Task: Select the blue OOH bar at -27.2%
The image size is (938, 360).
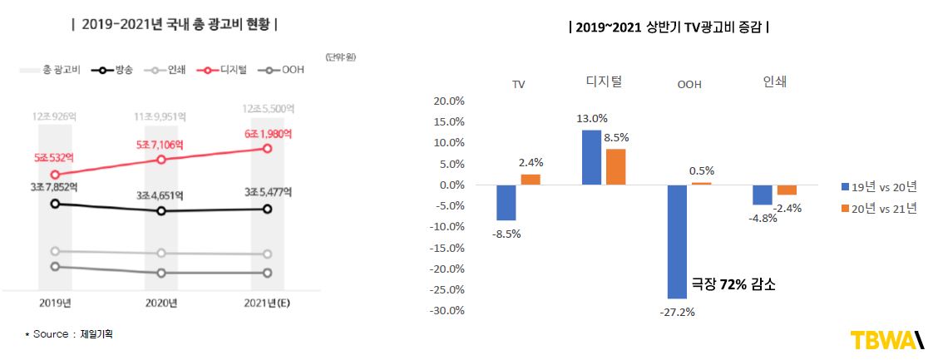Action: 677,241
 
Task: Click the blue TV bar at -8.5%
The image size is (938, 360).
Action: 506,202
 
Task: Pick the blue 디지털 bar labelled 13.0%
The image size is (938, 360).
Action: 591,157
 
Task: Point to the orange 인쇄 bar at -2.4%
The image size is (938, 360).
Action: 787,190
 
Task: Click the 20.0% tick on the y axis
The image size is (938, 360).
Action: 449,101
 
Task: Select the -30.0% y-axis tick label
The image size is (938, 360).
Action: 447,311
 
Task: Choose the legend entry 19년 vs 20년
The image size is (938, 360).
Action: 879,186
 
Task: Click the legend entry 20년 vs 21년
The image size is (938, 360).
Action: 879,209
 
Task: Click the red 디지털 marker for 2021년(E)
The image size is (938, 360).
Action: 267,149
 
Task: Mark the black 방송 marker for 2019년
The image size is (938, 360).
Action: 55,204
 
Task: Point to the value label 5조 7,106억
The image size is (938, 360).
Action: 160,145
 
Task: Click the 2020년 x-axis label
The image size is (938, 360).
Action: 161,302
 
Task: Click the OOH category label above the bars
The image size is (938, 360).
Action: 689,84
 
